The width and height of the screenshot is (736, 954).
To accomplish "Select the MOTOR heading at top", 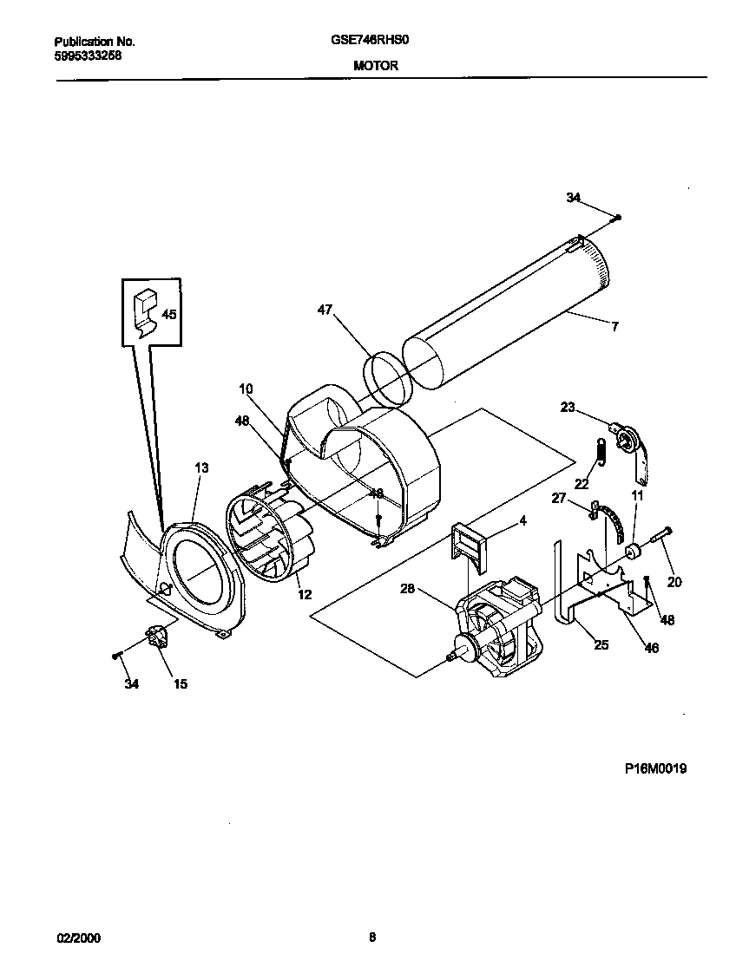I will click(x=375, y=65).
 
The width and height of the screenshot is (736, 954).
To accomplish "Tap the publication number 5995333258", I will click(x=88, y=54).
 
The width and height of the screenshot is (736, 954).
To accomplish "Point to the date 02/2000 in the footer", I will click(x=75, y=938).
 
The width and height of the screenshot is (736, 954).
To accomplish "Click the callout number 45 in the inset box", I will click(x=169, y=315).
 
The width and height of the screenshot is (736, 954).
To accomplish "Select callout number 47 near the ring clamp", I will click(x=325, y=310).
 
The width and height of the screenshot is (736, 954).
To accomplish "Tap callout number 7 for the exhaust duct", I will click(x=614, y=327).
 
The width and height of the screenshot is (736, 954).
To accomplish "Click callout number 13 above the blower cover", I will click(x=201, y=468).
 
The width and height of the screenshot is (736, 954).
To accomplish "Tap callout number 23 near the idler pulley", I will click(x=568, y=407).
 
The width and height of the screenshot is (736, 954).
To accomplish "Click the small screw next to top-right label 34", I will click(x=615, y=217).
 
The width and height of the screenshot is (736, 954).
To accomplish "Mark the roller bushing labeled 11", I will click(x=634, y=551).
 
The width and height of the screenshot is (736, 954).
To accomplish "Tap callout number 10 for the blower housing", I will click(x=246, y=390).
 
